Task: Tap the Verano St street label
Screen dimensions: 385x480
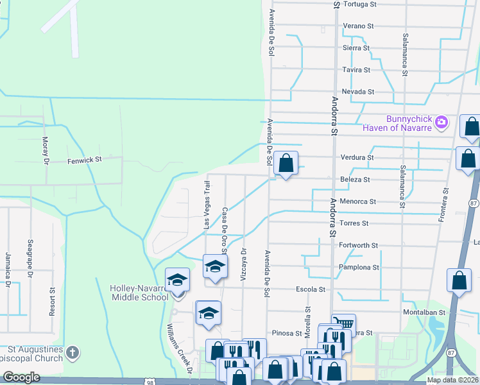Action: click(x=358, y=26)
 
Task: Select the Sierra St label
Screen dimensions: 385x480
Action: click(x=356, y=47)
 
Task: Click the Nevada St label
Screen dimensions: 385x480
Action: click(x=357, y=92)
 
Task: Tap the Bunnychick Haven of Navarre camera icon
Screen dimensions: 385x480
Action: click(x=441, y=122)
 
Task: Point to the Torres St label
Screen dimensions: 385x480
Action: click(x=354, y=223)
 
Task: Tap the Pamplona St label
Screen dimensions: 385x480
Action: click(x=359, y=267)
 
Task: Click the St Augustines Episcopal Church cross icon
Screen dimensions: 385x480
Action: click(x=73, y=352)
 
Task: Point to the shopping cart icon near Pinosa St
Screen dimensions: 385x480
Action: click(x=344, y=323)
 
